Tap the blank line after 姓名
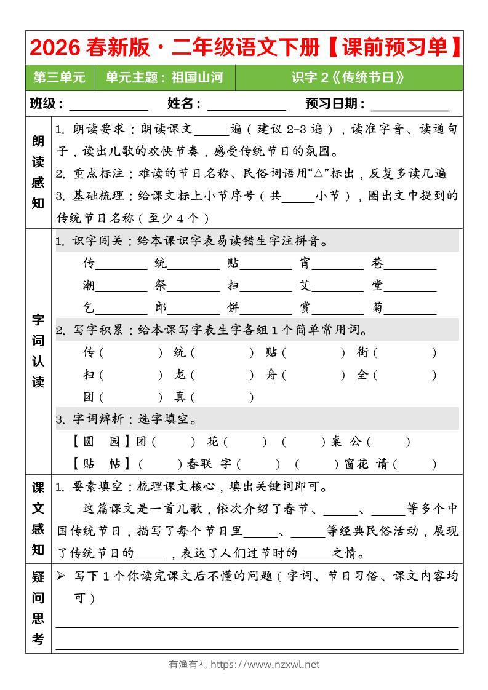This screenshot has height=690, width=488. pyautogui.click(x=246, y=105)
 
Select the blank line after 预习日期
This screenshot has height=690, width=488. pyautogui.click(x=410, y=105)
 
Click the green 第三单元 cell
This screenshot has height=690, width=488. pyautogui.click(x=60, y=78)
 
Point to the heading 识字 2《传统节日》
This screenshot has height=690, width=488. pyautogui.click(x=348, y=78)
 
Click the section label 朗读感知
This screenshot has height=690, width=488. pyautogui.click(x=38, y=172)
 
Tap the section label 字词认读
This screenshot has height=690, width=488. pyautogui.click(x=38, y=351)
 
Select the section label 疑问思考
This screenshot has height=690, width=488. pyautogui.click(x=38, y=608)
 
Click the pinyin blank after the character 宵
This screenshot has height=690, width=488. pyautogui.click(x=338, y=264)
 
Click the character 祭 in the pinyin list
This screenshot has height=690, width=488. pyautogui.click(x=161, y=287)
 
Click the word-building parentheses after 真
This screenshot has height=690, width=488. pyautogui.click(x=222, y=397)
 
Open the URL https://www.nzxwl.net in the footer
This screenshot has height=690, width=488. pyautogui.click(x=265, y=665)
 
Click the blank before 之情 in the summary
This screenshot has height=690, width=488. pyautogui.click(x=318, y=554)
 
